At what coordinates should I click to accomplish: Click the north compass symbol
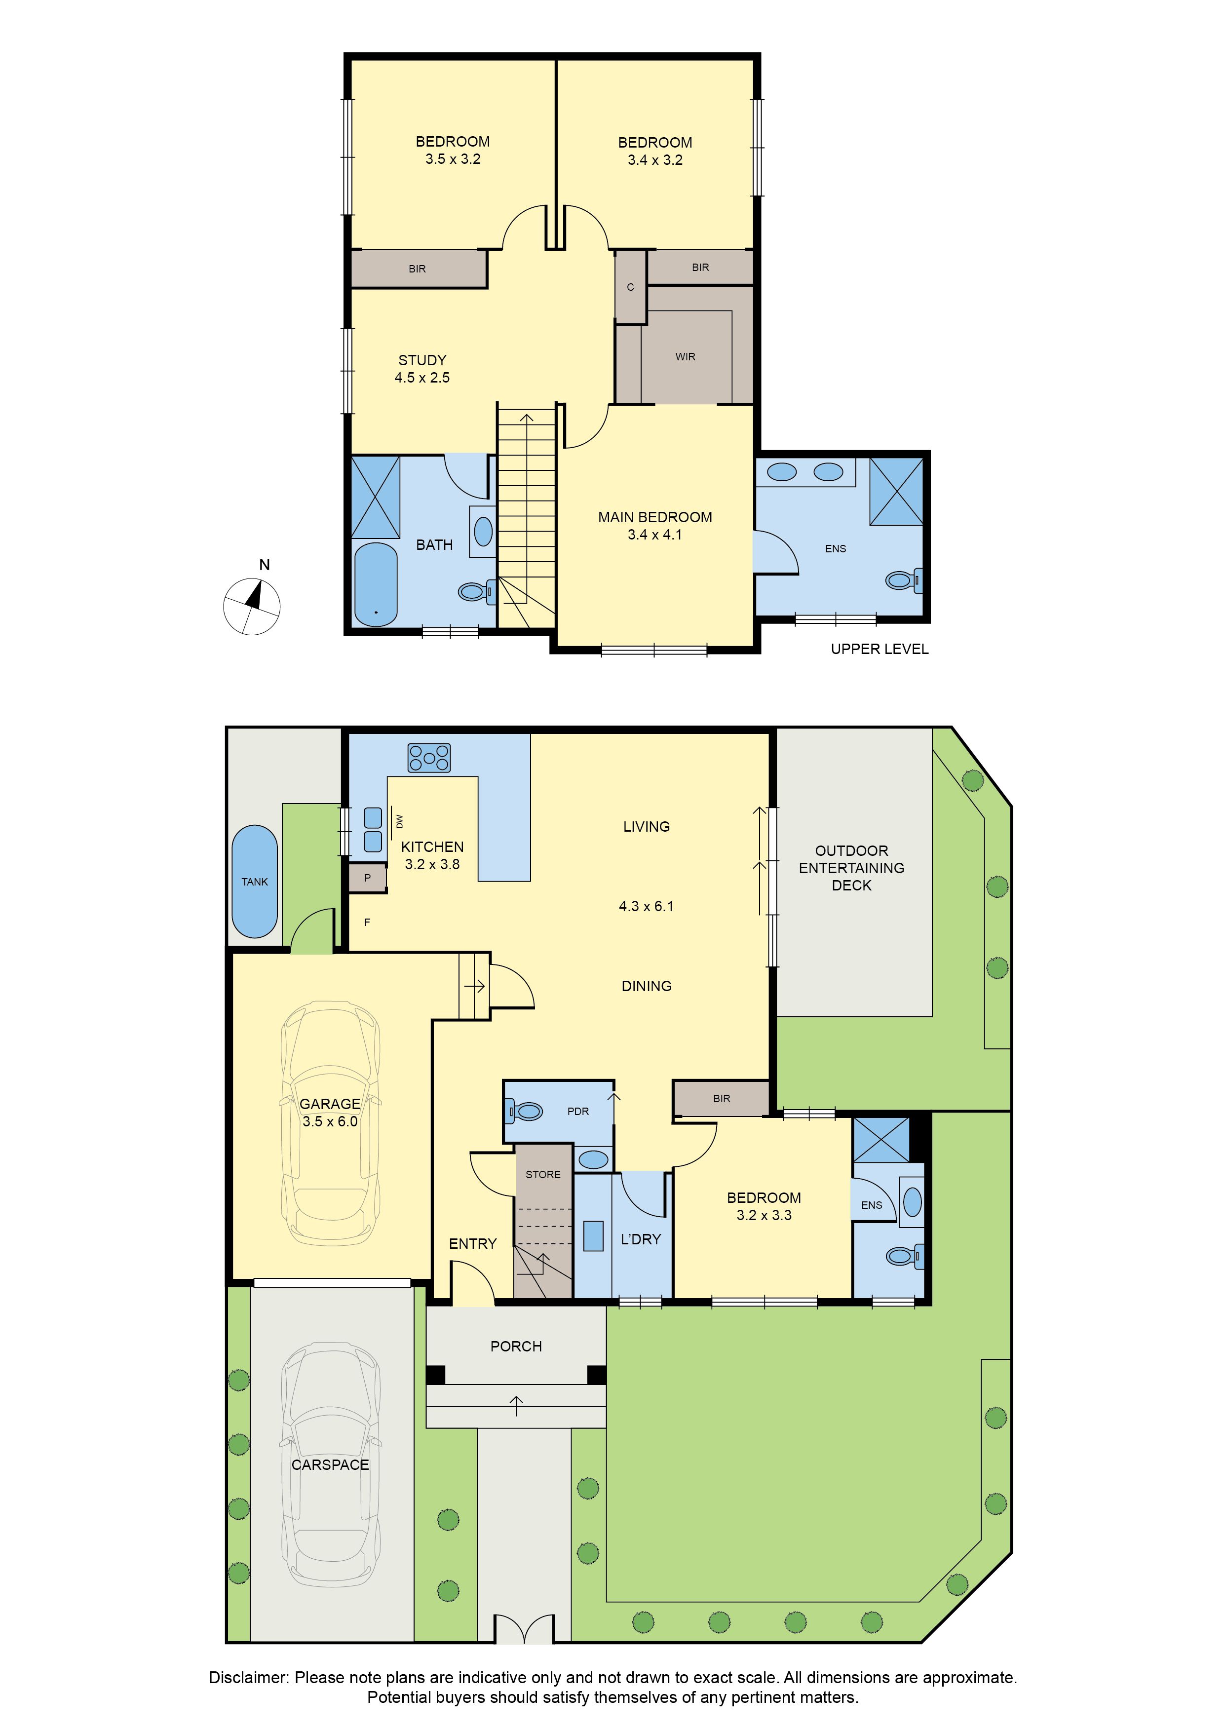252,605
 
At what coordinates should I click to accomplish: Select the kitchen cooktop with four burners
429,757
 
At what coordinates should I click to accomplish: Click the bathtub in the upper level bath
376,584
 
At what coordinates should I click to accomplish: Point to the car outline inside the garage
330,1123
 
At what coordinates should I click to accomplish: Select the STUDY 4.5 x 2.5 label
422,369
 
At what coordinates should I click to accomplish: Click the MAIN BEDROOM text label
655,517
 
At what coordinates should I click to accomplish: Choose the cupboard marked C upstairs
631,287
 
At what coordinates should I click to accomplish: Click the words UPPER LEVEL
880,649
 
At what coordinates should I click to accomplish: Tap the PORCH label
516,1347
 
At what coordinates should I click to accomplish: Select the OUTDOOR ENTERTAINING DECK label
851,868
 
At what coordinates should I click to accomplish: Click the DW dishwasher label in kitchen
400,821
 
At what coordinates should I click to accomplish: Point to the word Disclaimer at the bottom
249,1678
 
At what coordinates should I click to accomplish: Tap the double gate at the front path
524,1629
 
